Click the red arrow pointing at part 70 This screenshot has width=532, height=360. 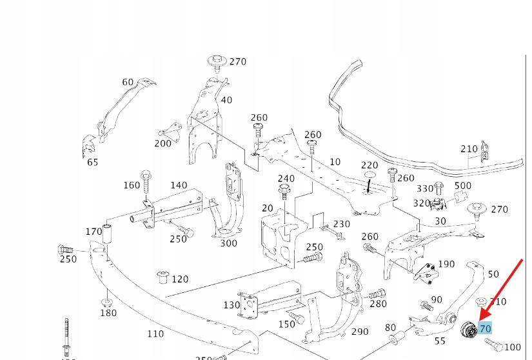click(x=502, y=290)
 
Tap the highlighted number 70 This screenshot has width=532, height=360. click(x=485, y=328)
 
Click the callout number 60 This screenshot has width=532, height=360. click(x=128, y=82)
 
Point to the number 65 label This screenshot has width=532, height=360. click(x=92, y=162)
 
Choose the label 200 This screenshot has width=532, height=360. click(x=163, y=143)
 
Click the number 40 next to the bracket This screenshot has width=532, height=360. click(x=226, y=100)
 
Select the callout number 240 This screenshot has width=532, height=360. click(x=286, y=179)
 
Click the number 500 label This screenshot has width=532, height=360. click(x=463, y=186)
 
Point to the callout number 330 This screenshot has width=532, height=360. click(x=425, y=188)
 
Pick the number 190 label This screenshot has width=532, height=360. click(x=446, y=265)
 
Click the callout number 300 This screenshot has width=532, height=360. click(x=228, y=243)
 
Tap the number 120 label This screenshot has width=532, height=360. click(x=180, y=279)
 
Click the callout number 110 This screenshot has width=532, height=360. click(x=155, y=334)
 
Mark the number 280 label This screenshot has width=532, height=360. click(x=378, y=304)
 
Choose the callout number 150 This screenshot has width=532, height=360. click(x=286, y=324)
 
